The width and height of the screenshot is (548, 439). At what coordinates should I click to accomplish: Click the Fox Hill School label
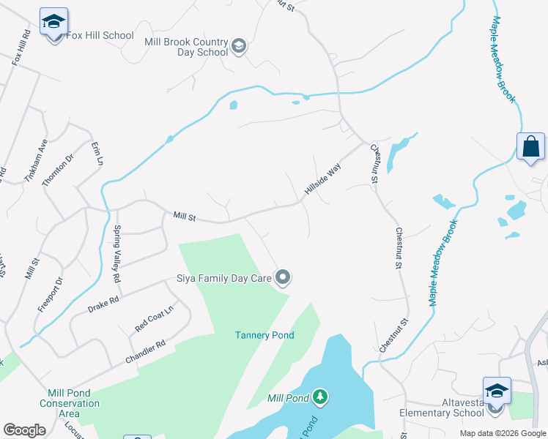pos(100,35)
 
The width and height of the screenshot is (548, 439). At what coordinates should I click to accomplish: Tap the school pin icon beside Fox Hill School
pos(53,23)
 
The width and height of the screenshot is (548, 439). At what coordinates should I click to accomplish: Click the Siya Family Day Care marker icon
pos(284,277)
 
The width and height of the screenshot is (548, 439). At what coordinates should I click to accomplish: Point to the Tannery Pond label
pos(264,335)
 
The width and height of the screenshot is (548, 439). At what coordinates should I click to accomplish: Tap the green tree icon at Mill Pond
pos(319,397)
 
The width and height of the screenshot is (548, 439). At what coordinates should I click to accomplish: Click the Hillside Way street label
pos(323,179)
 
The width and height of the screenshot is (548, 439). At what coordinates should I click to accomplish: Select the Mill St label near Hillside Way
pos(185,216)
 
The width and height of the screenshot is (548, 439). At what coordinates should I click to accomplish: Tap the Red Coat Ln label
pos(154,319)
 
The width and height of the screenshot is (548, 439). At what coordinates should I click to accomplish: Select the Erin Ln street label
pos(96,154)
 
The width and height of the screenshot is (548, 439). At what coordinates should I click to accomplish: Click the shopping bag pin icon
pos(530,146)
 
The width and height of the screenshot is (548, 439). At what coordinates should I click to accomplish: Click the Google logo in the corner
pos(24,430)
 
